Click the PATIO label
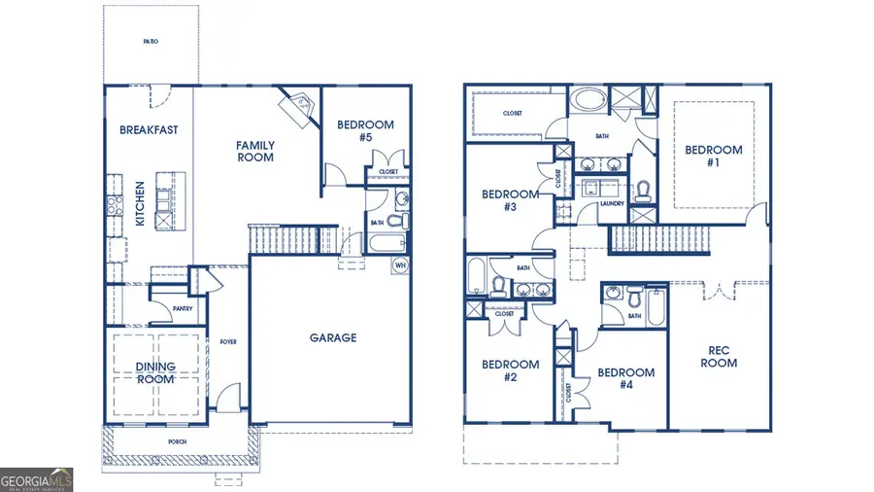pos(151,42)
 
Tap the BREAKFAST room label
pos(149,129)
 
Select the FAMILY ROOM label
pos(255,152)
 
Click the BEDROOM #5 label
pos(365,131)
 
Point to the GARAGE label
pos(333,338)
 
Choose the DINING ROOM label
pos(155,372)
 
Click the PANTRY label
pos(183,309)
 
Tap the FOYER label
pos(228,342)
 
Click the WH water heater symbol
pos(399,264)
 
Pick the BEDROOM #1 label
pos(714,157)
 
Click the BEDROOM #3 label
pos(510,200)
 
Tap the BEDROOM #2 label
pos(510,370)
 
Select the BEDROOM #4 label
pos(625,378)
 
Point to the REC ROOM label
pos(721,357)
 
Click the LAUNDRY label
pos(612,204)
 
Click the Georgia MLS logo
pos(36,479)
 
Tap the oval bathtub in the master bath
pos(586,99)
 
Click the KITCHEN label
pos(140,203)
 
